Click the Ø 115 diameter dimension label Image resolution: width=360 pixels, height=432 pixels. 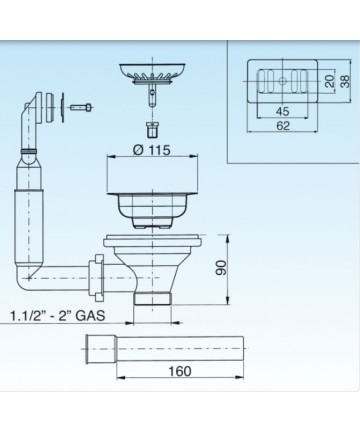(x=151, y=150)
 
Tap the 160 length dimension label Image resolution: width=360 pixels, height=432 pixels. (x=180, y=371)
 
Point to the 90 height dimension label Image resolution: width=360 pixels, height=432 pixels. (x=221, y=268)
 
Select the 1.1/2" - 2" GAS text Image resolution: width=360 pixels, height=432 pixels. (x=57, y=315)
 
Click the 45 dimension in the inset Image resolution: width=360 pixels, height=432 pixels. (x=282, y=111)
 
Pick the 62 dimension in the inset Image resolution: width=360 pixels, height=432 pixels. (x=283, y=126)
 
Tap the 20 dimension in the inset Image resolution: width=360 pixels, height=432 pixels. (x=330, y=81)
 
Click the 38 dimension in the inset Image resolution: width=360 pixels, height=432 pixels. (x=346, y=81)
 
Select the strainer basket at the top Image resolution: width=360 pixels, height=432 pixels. (x=152, y=72)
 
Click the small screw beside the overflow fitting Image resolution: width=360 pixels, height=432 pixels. (x=81, y=107)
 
